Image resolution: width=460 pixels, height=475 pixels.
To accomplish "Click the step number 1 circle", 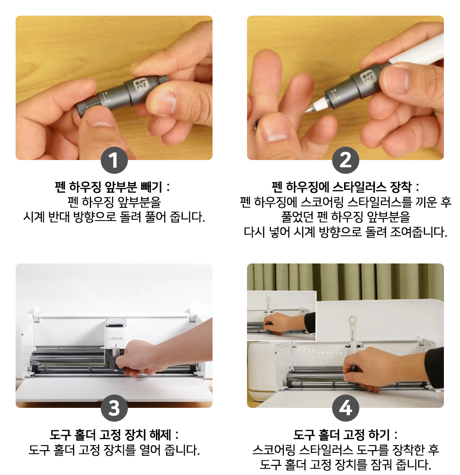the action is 114,160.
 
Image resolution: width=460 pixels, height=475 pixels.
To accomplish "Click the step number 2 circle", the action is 345,160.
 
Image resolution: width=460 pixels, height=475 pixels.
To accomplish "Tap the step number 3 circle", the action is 114,408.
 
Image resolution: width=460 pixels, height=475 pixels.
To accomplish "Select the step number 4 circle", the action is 345,408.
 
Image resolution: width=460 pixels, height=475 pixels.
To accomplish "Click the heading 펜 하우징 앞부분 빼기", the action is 109,187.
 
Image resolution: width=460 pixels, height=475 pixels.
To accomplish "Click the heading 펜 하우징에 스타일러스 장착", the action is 341,187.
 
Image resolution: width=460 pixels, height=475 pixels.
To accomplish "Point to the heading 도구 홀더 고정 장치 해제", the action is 110,435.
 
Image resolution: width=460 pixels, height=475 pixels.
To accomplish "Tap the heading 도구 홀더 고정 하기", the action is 341,435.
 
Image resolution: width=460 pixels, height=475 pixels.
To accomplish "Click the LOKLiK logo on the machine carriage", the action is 116,338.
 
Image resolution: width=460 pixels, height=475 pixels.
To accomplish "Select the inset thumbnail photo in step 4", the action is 282,315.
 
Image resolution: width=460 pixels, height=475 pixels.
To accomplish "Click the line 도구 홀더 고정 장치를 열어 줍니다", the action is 114,450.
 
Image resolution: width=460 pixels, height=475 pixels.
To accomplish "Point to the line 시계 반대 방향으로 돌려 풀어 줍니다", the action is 114,217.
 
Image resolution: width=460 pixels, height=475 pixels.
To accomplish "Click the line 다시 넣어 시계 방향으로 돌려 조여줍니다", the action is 345,232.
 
